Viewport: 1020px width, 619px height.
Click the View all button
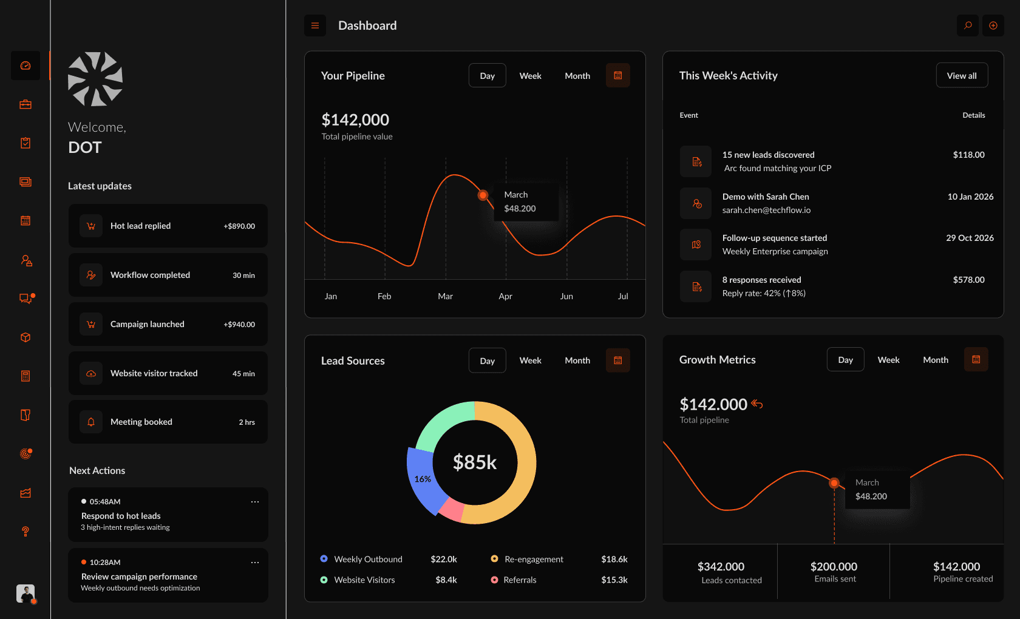point(962,75)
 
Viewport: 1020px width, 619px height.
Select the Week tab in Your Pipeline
point(530,76)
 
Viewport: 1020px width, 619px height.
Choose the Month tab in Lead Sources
point(577,360)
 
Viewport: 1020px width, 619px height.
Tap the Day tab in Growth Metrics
point(845,360)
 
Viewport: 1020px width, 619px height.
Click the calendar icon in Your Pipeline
point(617,75)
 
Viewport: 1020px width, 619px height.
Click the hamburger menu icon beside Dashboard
point(315,25)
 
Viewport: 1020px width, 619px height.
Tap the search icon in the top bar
point(968,25)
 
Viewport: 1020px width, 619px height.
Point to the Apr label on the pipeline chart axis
point(505,296)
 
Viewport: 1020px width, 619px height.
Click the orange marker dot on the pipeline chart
point(483,195)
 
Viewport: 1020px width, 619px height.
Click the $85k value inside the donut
point(475,462)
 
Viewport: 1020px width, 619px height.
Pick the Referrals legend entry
point(520,580)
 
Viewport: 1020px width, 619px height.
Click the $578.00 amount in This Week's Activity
point(968,280)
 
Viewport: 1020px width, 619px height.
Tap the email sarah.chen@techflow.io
point(766,210)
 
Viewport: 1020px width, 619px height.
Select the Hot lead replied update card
point(168,226)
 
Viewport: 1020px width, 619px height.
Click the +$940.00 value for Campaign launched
point(239,324)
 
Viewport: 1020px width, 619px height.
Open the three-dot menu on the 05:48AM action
point(255,502)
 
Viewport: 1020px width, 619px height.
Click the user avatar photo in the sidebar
point(25,594)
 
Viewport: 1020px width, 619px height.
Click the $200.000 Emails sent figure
point(834,567)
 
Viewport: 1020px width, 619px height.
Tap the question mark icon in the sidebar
point(25,532)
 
